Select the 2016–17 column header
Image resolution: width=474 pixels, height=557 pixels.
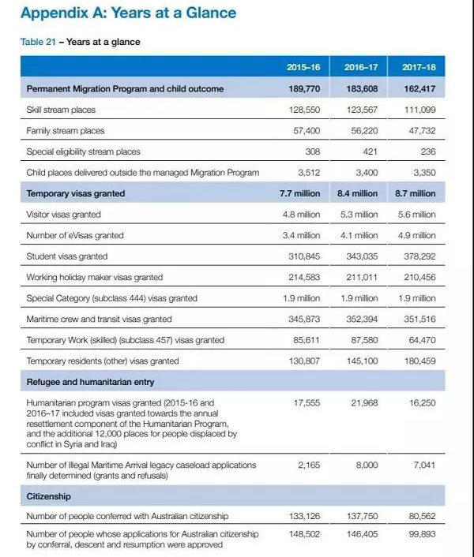pyautogui.click(x=361, y=68)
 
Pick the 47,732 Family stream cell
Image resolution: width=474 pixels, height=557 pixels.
pyautogui.click(x=419, y=130)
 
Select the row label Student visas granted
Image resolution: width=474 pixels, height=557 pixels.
pyautogui.click(x=67, y=256)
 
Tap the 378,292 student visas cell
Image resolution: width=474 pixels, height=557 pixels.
pyautogui.click(x=419, y=256)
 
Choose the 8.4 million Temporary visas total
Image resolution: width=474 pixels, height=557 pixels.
pyautogui.click(x=358, y=193)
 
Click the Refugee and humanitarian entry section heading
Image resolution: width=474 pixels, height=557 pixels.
pyautogui.click(x=90, y=382)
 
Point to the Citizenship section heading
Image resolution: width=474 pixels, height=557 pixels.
pyautogui.click(x=49, y=497)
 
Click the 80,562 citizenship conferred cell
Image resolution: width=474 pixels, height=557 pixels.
pyautogui.click(x=419, y=517)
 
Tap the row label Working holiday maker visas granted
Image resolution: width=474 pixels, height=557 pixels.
pyautogui.click(x=94, y=277)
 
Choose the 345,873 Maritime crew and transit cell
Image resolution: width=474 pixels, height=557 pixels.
pyautogui.click(x=303, y=320)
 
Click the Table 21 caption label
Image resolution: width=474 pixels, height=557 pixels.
pyautogui.click(x=37, y=42)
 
